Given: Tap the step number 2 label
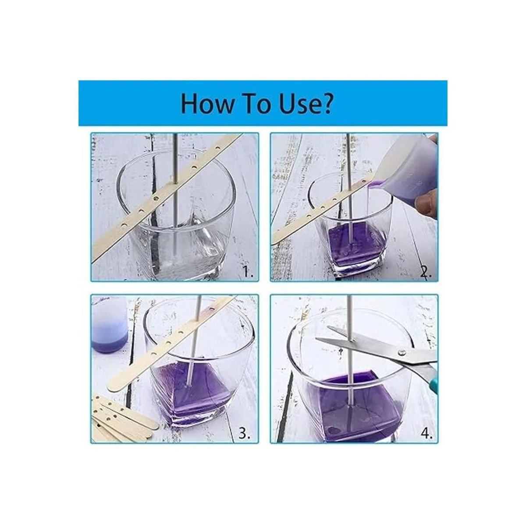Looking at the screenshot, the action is pos(426,271).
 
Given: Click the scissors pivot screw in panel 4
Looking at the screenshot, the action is pos(401,352).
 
